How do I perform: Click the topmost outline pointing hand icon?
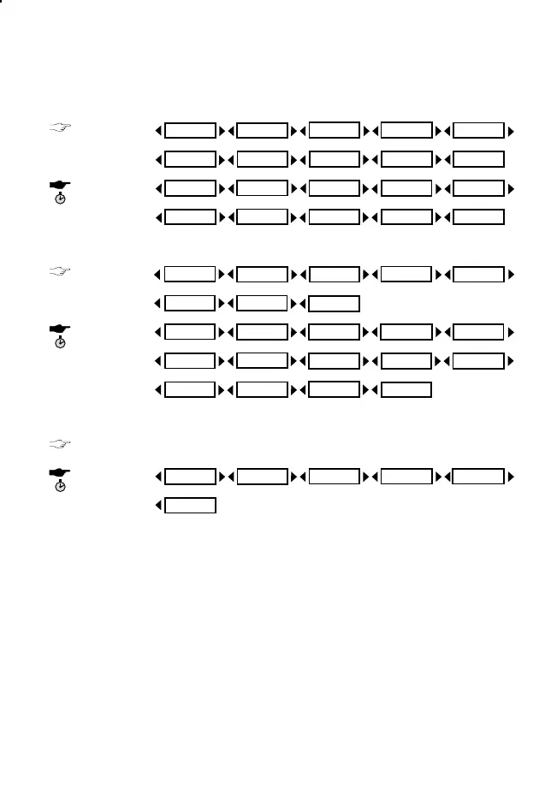62,128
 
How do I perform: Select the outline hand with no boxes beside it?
62,443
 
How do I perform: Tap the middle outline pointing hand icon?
62,272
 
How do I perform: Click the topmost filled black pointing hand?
62,184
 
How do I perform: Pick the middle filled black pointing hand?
62,328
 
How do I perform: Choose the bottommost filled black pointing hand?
62,471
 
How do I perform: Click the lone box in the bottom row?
190,506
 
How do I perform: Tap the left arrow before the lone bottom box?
158,506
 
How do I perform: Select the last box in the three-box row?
334,302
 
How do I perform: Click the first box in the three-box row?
190,302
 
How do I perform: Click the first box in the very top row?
190,131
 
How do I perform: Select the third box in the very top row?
334,131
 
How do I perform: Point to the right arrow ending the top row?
511,131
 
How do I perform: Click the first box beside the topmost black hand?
190,188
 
